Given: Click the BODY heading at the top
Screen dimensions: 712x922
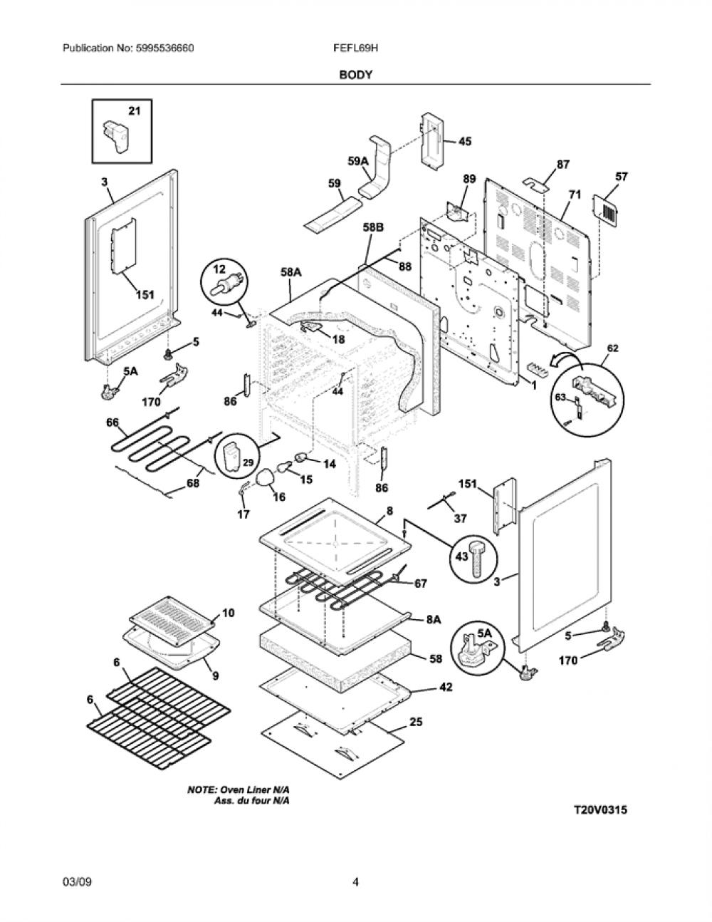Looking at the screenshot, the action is [x=355, y=75].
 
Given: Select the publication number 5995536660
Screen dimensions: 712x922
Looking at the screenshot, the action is [x=165, y=48].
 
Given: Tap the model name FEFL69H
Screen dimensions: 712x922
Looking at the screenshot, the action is [x=355, y=48].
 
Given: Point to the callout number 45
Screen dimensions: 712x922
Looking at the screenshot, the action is [x=465, y=141].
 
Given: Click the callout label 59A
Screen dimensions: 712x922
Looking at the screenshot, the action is [x=359, y=161].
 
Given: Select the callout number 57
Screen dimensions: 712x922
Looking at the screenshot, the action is [x=621, y=177].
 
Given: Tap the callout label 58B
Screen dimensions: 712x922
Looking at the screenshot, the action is [x=373, y=228].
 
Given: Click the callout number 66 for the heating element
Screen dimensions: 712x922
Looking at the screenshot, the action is [x=112, y=423].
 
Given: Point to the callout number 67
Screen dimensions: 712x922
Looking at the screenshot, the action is [x=420, y=584].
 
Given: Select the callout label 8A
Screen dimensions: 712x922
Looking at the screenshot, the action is [x=434, y=620].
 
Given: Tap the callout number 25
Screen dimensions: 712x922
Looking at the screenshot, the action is [x=416, y=722].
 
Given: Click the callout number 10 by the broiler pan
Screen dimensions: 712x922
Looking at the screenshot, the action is [x=228, y=613].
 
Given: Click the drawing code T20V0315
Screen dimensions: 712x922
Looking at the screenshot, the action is [x=600, y=810].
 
